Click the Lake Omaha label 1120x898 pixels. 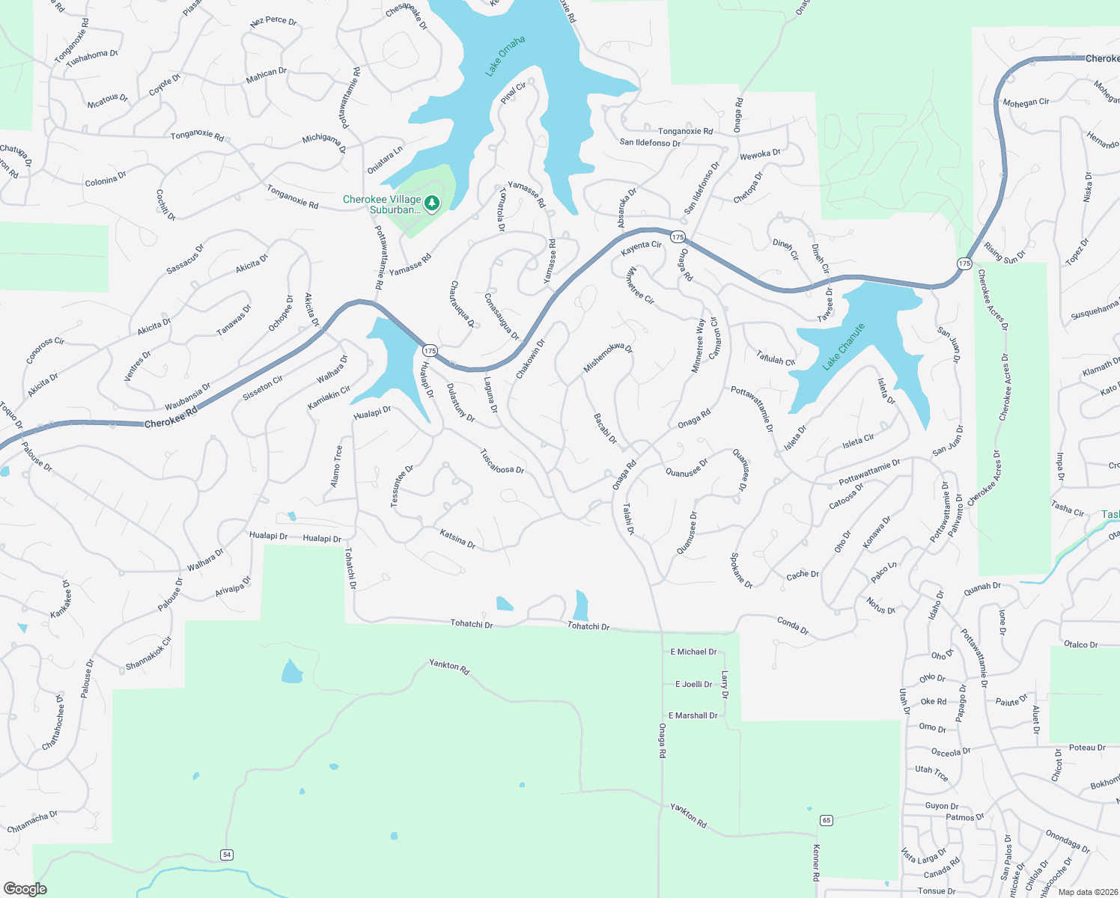pos(505,56)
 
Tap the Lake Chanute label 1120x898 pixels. pos(844,346)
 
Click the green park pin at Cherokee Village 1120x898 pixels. pos(432,203)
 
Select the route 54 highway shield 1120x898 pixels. pos(227,855)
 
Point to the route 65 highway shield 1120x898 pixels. pos(827,820)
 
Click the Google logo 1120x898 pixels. pos(25,889)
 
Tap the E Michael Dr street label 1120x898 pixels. pos(693,652)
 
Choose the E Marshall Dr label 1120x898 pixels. pos(693,716)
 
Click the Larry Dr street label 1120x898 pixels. pos(725,685)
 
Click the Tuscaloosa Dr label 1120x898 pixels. pos(502,461)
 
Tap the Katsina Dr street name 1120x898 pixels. pos(457,539)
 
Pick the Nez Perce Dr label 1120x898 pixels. pos(273,21)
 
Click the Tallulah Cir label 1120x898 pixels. pos(775,358)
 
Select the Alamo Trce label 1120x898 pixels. pos(337,466)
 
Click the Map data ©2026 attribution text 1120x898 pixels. pos(1085,892)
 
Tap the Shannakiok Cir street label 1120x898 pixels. pos(149,653)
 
